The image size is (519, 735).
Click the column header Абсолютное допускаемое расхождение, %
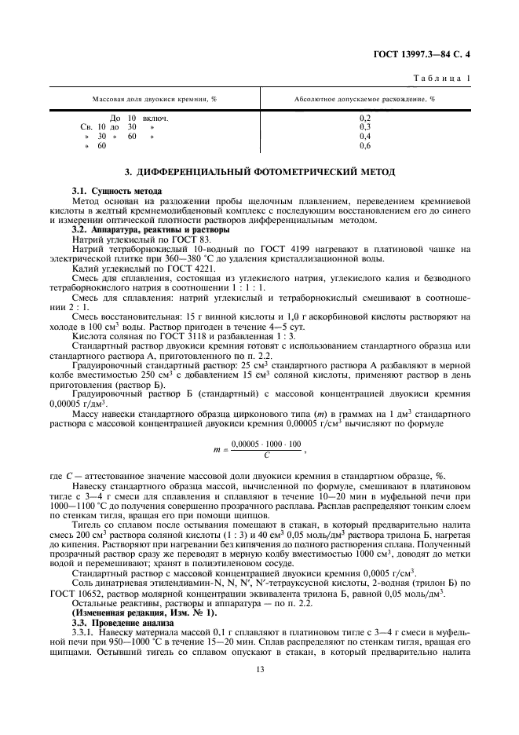click(x=364, y=101)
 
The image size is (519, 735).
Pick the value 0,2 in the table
click(x=364, y=118)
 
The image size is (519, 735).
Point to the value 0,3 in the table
click(x=364, y=126)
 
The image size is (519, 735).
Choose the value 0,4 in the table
click(x=364, y=136)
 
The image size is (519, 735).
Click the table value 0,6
click(x=364, y=145)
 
